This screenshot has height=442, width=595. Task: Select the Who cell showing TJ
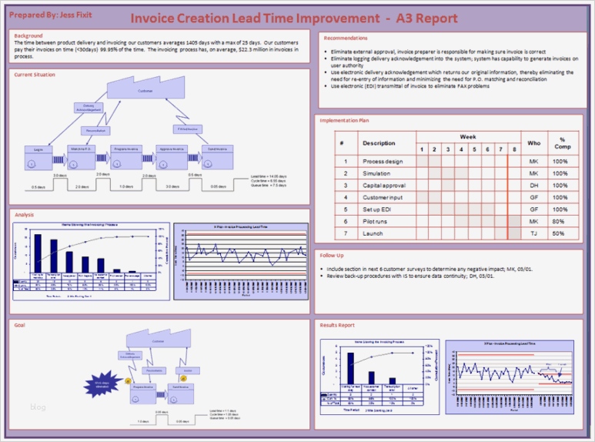coord(533,233)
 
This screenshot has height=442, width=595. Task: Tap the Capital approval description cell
coord(384,186)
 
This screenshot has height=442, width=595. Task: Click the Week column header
coord(468,137)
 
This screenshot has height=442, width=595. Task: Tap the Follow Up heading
coord(332,254)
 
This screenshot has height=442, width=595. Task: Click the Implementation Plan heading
coord(343,120)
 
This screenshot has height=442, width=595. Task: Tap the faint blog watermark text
coord(38,407)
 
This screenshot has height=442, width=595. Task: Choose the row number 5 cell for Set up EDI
coord(346,209)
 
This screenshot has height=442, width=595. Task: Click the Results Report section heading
coord(337,325)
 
